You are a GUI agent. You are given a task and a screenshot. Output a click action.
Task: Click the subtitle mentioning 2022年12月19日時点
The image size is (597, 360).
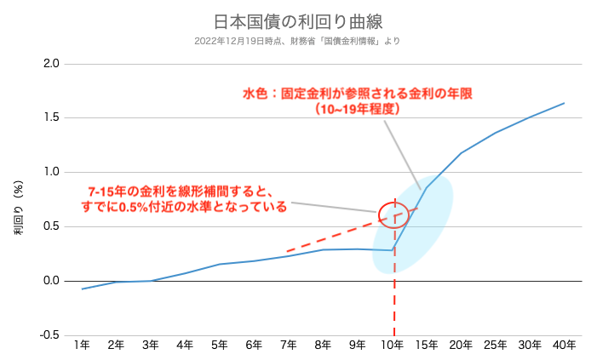297,40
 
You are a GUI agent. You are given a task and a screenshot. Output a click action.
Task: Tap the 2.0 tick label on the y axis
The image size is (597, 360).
51,64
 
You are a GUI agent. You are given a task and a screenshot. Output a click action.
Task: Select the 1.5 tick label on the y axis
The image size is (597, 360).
51,118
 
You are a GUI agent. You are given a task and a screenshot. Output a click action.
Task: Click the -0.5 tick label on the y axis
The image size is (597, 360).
49,334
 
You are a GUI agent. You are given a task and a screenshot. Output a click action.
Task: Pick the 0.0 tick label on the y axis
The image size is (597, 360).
51,281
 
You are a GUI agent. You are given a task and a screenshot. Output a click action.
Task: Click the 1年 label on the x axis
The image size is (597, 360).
82,345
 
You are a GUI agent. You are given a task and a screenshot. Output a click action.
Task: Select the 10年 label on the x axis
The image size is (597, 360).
392,345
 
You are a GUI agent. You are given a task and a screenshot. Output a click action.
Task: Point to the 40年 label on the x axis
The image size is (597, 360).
564,345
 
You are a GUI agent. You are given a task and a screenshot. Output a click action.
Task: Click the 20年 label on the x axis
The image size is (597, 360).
461,345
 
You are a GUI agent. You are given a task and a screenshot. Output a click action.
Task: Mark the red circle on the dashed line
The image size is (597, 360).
393,215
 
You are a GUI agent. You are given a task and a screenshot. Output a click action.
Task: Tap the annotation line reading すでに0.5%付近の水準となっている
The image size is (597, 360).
185,207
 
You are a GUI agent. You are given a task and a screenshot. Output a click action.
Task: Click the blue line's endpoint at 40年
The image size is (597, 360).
564,103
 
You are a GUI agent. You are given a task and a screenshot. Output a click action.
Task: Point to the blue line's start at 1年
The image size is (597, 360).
82,289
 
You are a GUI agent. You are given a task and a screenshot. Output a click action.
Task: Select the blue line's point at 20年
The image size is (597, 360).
461,153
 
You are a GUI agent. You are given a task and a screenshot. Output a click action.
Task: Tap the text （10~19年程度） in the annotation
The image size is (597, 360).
357,109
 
